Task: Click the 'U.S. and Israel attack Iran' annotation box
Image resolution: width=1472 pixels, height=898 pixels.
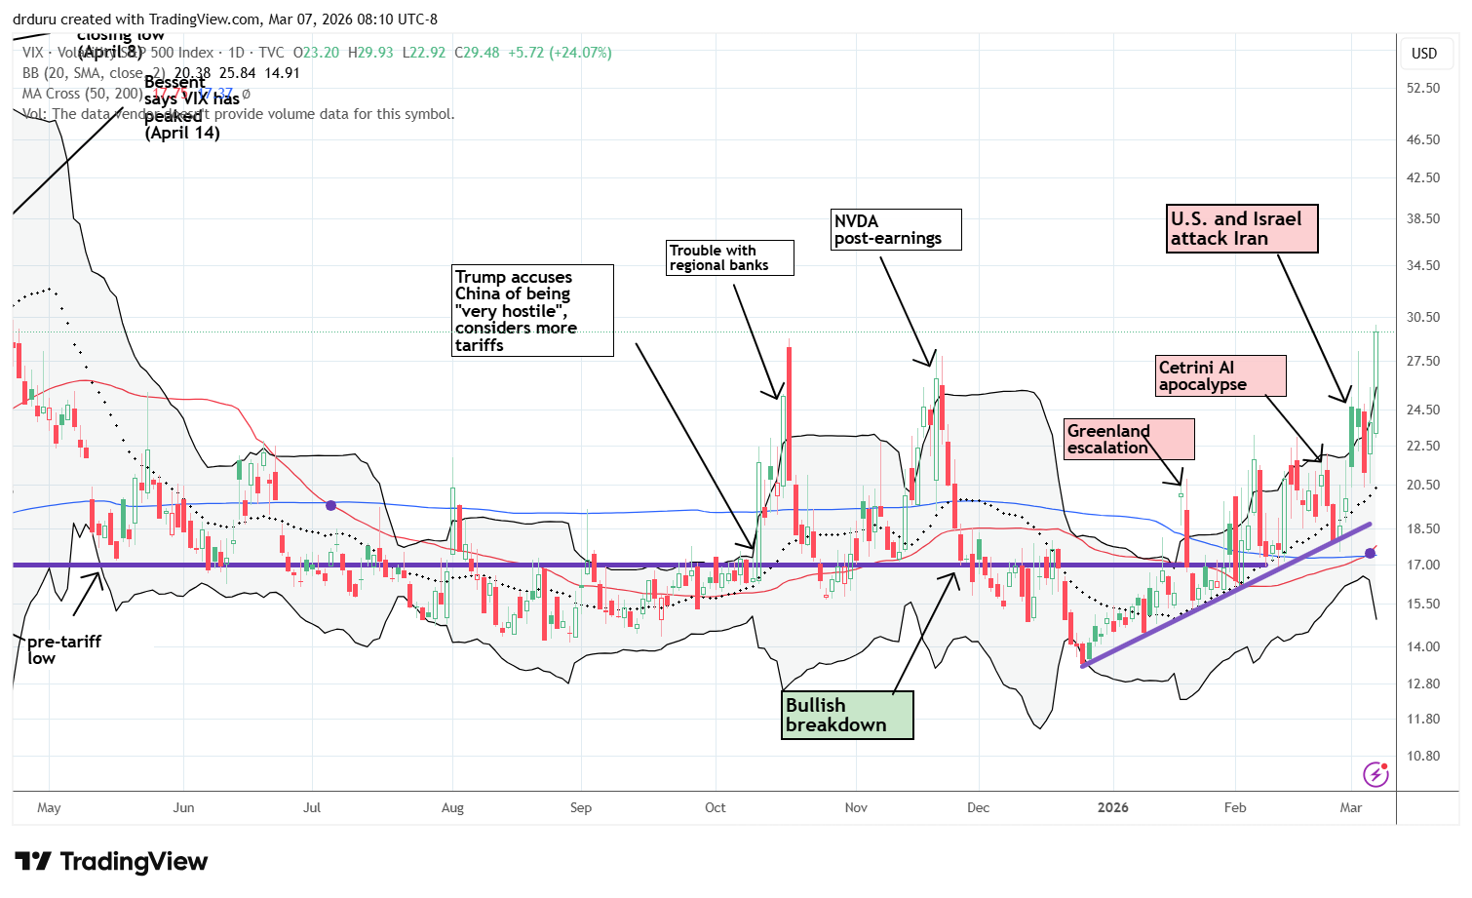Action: pyautogui.click(x=1242, y=229)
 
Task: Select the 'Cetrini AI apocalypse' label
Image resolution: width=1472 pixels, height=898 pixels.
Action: pyautogui.click(x=1220, y=375)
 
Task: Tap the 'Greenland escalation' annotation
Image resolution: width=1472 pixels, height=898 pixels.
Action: pyautogui.click(x=1129, y=439)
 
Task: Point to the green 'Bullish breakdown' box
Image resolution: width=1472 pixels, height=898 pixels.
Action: pyautogui.click(x=847, y=715)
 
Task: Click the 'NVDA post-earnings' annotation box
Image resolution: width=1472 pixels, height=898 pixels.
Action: pyautogui.click(x=895, y=229)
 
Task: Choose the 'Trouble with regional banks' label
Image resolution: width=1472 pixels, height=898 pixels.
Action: pyautogui.click(x=729, y=257)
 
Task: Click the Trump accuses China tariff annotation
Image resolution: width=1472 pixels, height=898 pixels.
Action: pyautogui.click(x=532, y=310)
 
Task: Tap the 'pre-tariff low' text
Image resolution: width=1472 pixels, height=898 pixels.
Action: pyautogui.click(x=63, y=648)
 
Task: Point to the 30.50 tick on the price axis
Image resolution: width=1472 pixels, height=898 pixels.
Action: pyautogui.click(x=1423, y=317)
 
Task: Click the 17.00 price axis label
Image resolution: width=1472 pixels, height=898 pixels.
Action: pyautogui.click(x=1423, y=565)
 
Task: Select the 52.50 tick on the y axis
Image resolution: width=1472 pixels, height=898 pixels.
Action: pyautogui.click(x=1423, y=88)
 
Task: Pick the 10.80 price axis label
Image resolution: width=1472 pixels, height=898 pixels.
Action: pyautogui.click(x=1423, y=756)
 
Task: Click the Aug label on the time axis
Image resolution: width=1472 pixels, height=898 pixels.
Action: pyautogui.click(x=452, y=807)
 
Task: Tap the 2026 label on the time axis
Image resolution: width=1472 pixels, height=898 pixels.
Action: pyautogui.click(x=1112, y=807)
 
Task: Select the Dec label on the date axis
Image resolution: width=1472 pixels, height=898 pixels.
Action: pyautogui.click(x=978, y=807)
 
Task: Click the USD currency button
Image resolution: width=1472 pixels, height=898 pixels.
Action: pyautogui.click(x=1424, y=54)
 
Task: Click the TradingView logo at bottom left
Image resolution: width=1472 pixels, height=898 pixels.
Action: pyautogui.click(x=111, y=862)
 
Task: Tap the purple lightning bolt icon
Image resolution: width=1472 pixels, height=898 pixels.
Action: pyautogui.click(x=1375, y=775)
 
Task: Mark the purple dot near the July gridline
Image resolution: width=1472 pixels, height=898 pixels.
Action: pyautogui.click(x=331, y=505)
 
